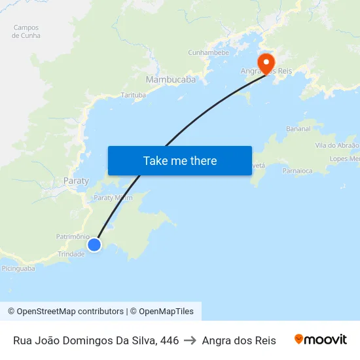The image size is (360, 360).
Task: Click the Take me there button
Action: pyautogui.click(x=180, y=161)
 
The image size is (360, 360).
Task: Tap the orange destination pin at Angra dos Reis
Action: pyautogui.click(x=266, y=63)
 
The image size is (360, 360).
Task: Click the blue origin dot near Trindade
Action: pyautogui.click(x=94, y=244)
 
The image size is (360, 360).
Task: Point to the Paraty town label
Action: pyautogui.click(x=76, y=181)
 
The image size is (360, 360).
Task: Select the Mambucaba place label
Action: pyautogui.click(x=171, y=80)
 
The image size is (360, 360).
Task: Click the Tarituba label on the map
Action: pyautogui.click(x=134, y=95)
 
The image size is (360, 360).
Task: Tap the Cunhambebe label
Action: pyautogui.click(x=208, y=52)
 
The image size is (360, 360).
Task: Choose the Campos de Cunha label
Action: pyautogui.click(x=26, y=31)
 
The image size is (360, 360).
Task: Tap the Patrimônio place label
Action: pyautogui.click(x=73, y=236)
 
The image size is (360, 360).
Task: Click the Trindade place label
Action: pyautogui.click(x=71, y=254)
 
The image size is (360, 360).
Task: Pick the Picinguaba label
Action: pyautogui.click(x=18, y=268)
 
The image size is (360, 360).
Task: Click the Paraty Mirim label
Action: pyautogui.click(x=113, y=197)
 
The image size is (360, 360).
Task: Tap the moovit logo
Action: pyautogui.click(x=320, y=339)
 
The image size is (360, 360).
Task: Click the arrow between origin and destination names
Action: pyautogui.click(x=190, y=340)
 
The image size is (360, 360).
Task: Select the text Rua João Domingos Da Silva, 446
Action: pyautogui.click(x=96, y=340)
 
